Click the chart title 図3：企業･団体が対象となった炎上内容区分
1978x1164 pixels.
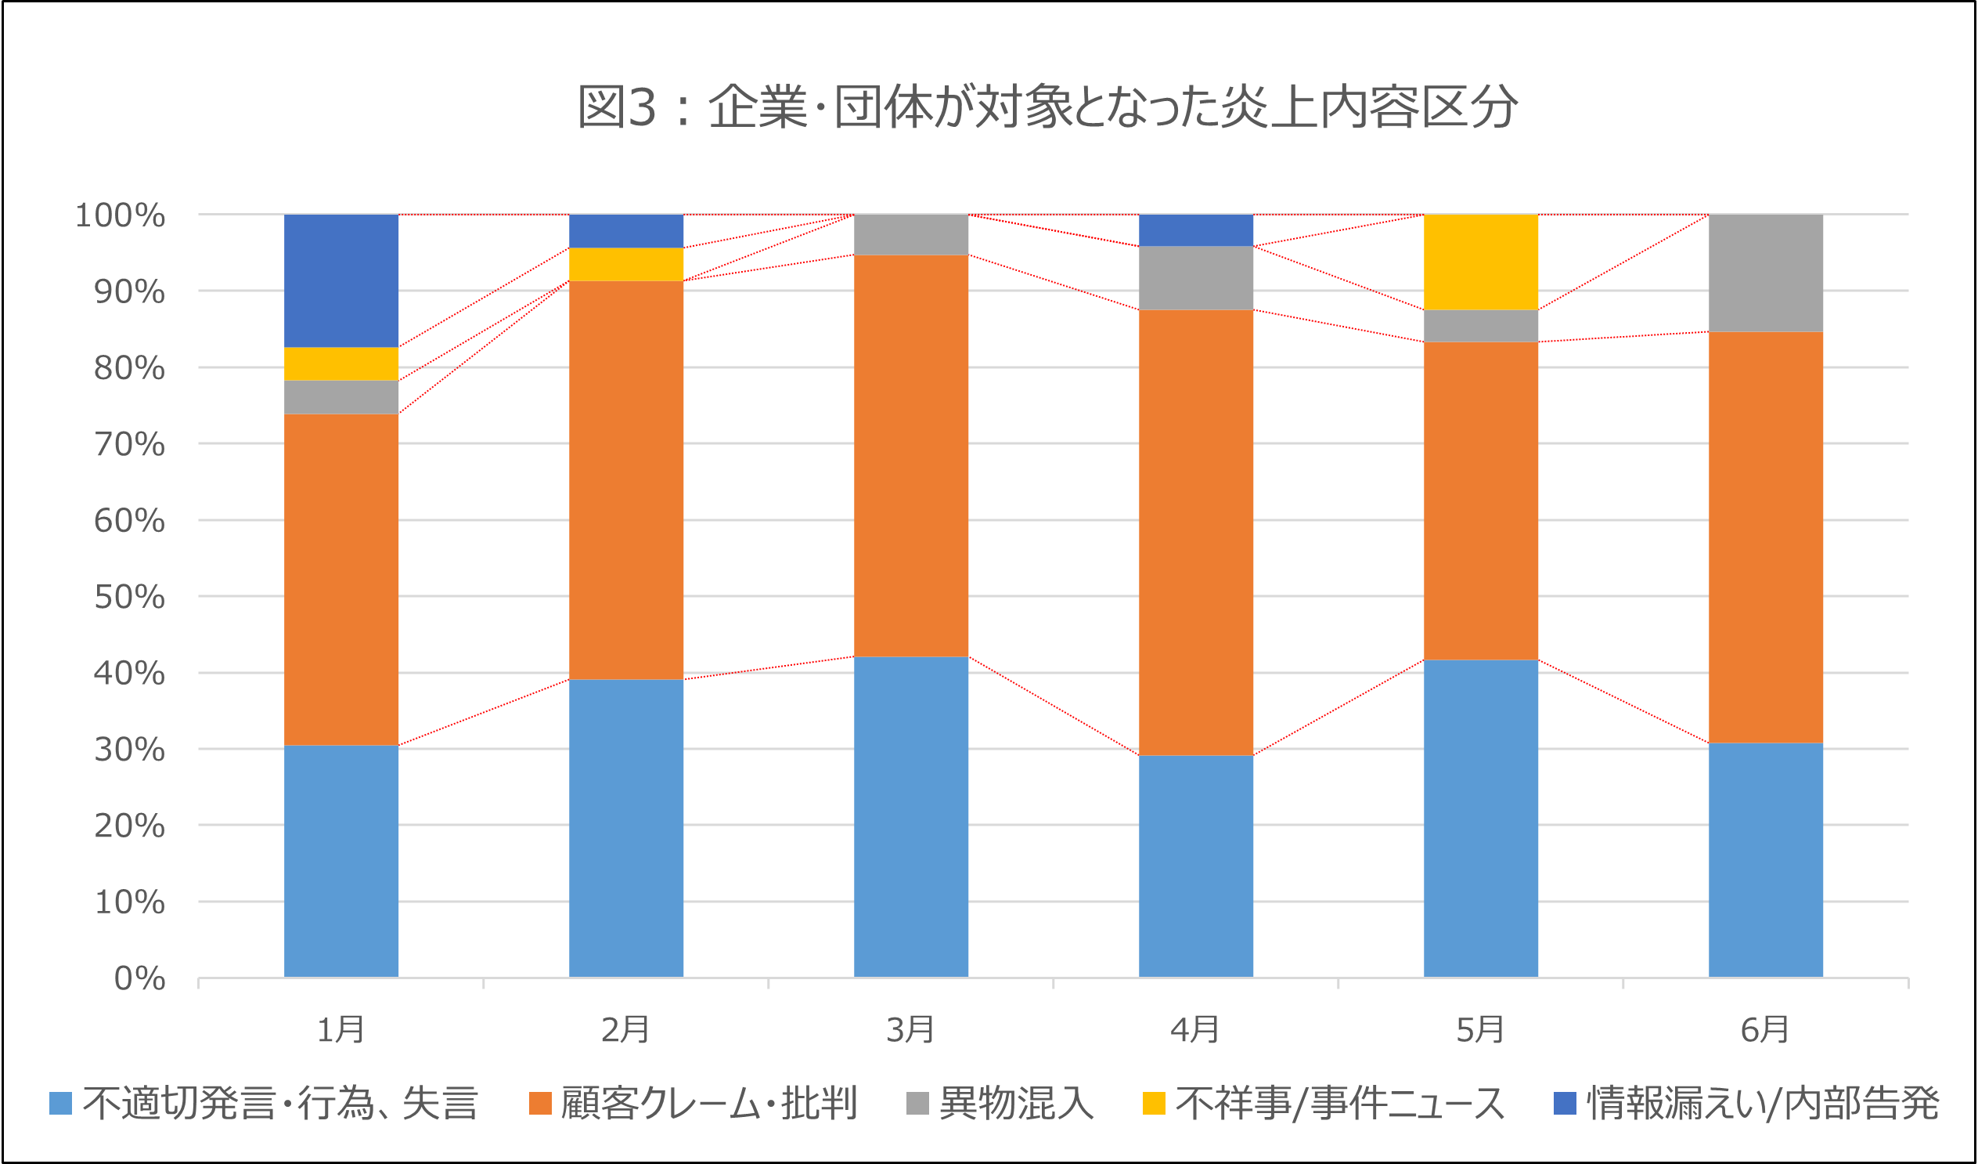[1047, 107]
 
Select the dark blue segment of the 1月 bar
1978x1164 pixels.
[340, 280]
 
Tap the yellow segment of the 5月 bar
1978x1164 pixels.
[1480, 262]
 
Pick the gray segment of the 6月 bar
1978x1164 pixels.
[1765, 273]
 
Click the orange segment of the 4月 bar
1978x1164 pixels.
[1195, 533]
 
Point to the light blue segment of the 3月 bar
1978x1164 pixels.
[910, 817]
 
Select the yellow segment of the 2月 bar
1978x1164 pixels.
[625, 264]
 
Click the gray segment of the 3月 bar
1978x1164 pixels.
[910, 234]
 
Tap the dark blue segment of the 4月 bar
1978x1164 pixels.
[1195, 230]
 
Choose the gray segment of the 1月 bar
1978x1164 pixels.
[340, 397]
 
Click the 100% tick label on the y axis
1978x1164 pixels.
[120, 215]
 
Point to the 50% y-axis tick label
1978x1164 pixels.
[129, 597]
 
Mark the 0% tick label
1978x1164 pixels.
[139, 978]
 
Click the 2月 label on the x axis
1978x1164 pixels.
[625, 1030]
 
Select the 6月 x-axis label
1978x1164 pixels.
[1765, 1030]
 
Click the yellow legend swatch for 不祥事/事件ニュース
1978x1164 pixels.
[1154, 1104]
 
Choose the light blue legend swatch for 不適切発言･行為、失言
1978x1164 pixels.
[60, 1104]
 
